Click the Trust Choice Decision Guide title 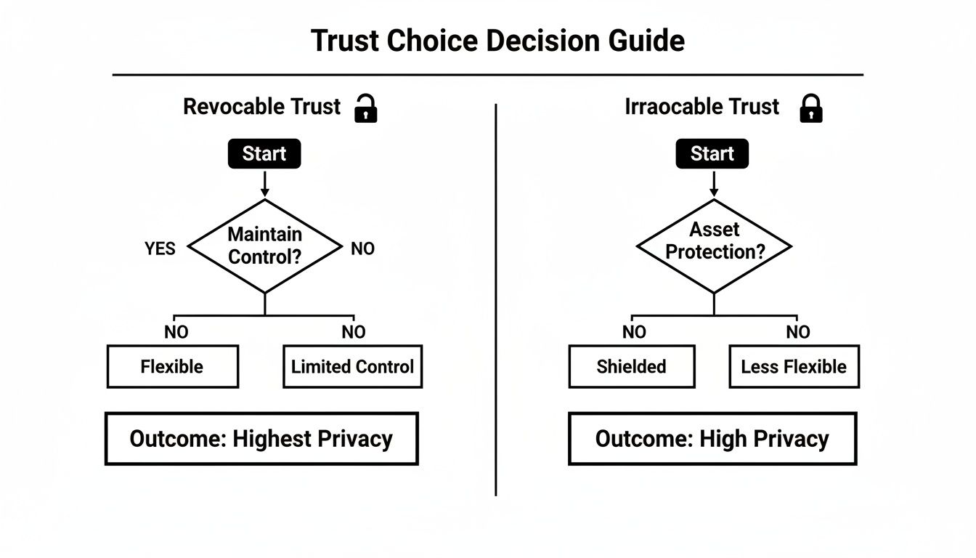coord(497,41)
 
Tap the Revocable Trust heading coord(261,107)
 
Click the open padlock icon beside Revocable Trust coord(365,108)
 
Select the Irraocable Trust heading coord(701,107)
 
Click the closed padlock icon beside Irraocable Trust coord(810,108)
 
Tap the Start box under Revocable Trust coord(264,154)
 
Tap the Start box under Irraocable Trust coord(712,154)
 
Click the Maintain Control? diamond coord(264,246)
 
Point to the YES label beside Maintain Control coord(160,249)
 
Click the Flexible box coord(172,367)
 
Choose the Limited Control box coord(352,367)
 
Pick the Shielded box coord(631,367)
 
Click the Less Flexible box coord(794,367)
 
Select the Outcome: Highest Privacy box coord(261,439)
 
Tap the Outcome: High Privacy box coord(712,439)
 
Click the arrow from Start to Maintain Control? coord(264,184)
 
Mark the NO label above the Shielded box coord(634,333)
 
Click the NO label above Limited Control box coord(354,333)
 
